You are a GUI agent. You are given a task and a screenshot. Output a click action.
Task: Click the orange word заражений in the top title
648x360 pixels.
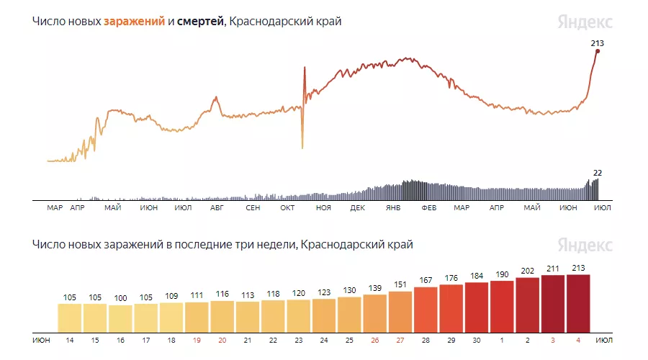[x=134, y=22]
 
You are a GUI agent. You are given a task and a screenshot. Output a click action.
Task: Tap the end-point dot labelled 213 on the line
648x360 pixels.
[x=598, y=51]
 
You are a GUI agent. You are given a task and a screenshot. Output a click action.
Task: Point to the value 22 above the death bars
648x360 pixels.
[x=598, y=173]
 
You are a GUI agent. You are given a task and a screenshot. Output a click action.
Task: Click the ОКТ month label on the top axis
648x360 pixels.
[x=287, y=208]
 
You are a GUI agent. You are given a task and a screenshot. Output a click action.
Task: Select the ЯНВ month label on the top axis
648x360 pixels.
[x=393, y=208]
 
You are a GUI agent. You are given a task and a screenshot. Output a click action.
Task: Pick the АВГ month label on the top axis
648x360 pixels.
[x=217, y=208]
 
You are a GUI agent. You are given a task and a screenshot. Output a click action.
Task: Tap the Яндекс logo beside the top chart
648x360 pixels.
[x=585, y=22]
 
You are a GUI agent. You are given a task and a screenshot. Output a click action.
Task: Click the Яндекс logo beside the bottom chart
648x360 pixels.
[x=585, y=245]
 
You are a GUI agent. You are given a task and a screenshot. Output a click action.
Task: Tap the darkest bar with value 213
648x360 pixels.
[x=578, y=302]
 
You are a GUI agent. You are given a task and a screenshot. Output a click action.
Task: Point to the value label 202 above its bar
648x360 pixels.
[x=527, y=271]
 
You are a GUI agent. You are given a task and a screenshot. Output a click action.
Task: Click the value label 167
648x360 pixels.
[x=426, y=280]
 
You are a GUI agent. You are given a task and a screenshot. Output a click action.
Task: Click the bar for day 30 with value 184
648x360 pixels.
[x=477, y=305]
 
